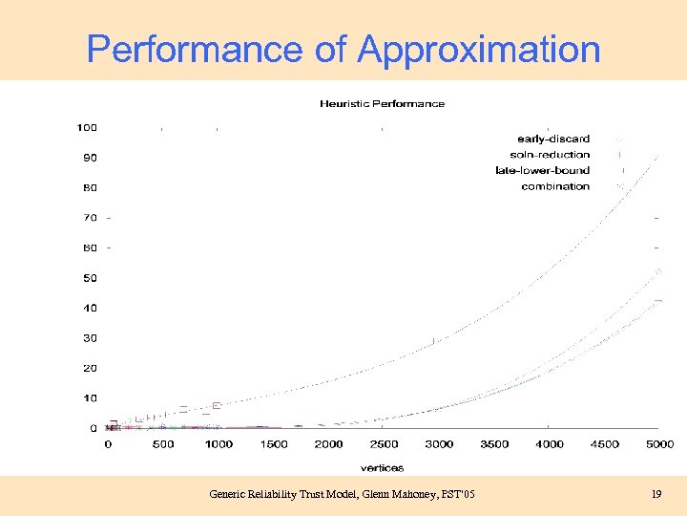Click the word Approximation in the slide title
[479, 49]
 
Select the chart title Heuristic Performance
[382, 103]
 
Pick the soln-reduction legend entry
[550, 155]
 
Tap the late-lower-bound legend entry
[542, 170]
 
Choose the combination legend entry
[555, 186]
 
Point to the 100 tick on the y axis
[87, 127]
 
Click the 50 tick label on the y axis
[90, 278]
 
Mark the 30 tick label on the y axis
[90, 338]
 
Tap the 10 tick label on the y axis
[90, 398]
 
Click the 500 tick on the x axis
[162, 444]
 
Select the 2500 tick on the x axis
[384, 444]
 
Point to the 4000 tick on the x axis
[549, 444]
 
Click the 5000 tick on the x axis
[659, 444]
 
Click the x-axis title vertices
[382, 467]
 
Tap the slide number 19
[656, 494]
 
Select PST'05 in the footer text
[456, 494]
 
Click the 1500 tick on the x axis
[273, 444]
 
